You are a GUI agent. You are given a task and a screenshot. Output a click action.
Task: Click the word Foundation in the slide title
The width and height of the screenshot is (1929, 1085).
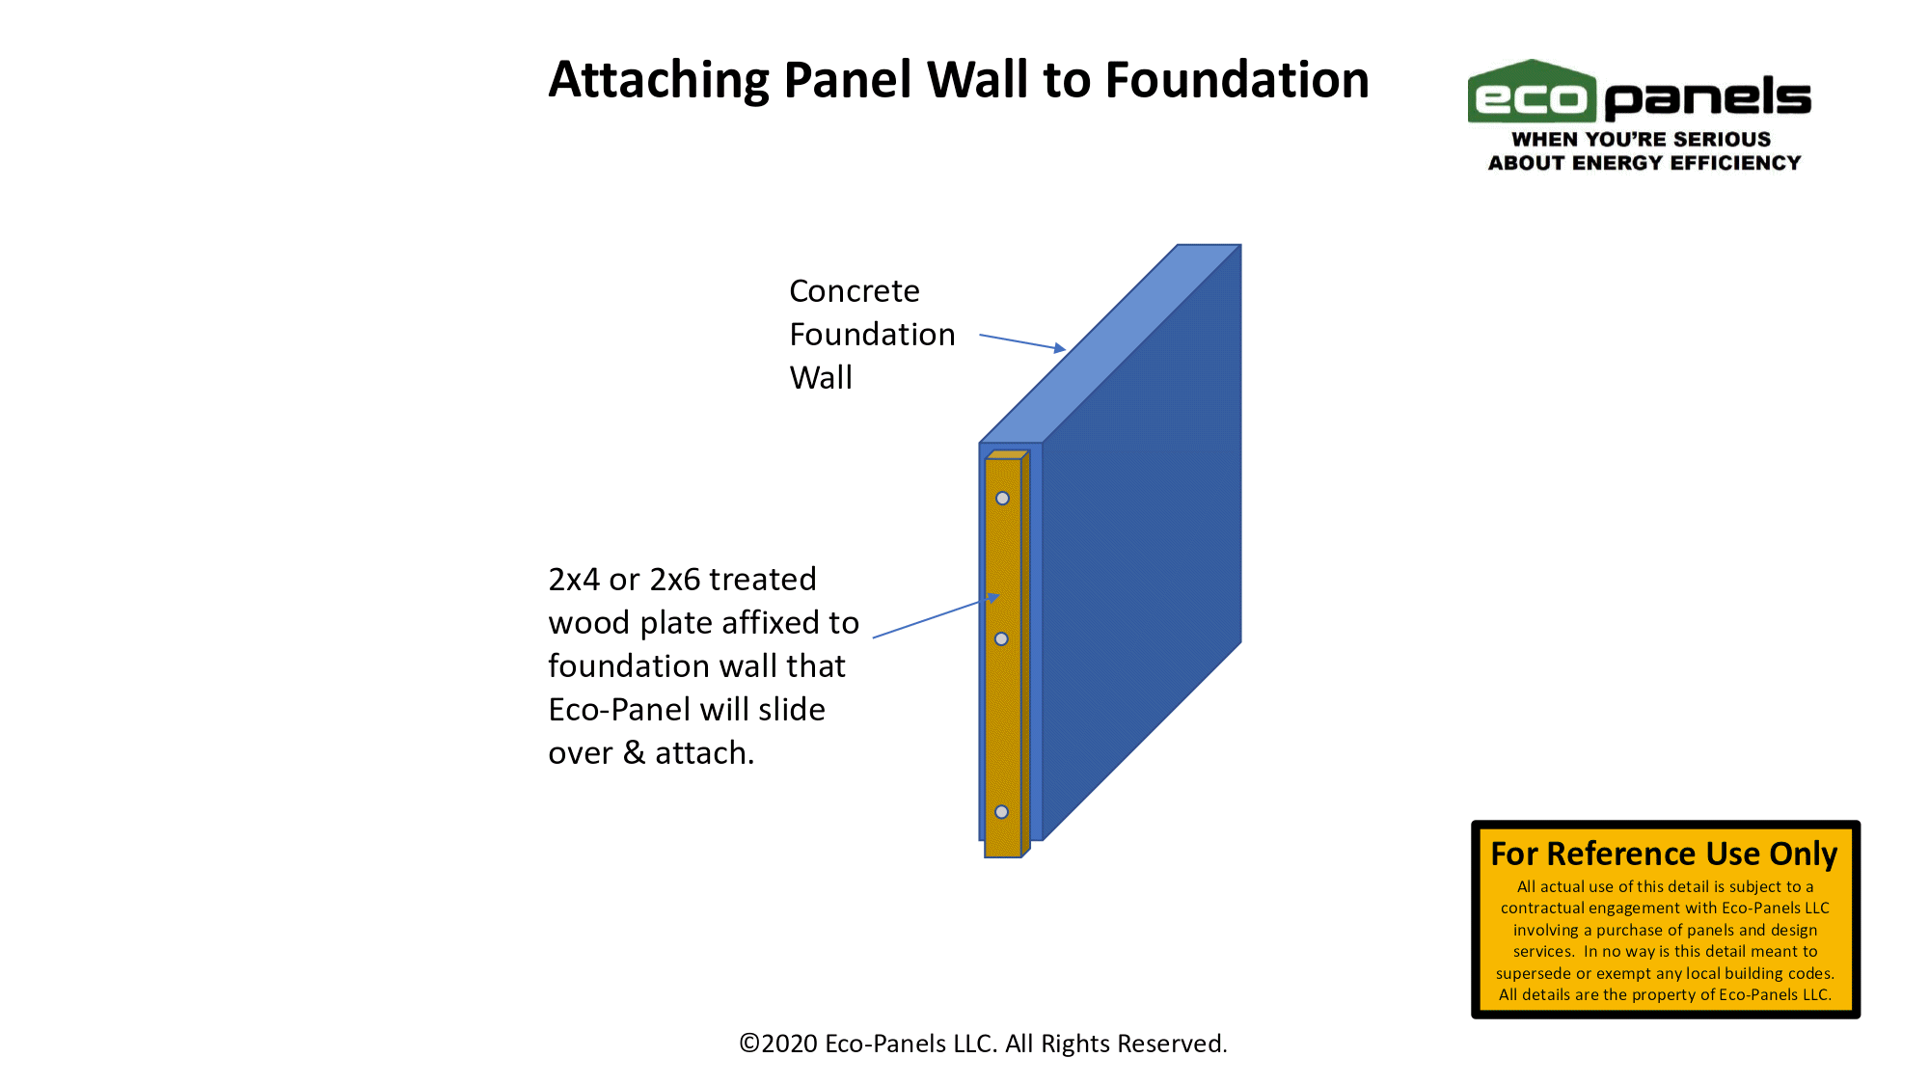pyautogui.click(x=1236, y=79)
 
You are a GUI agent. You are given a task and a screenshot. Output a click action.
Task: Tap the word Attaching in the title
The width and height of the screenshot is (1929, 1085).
pyautogui.click(x=659, y=81)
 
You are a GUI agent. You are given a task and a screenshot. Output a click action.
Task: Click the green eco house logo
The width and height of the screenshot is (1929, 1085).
pyautogui.click(x=1532, y=92)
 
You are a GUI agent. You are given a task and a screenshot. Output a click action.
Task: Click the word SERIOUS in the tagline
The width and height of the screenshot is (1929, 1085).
pyautogui.click(x=1724, y=139)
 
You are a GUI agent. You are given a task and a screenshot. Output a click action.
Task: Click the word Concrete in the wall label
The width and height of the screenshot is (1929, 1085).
pyautogui.click(x=855, y=290)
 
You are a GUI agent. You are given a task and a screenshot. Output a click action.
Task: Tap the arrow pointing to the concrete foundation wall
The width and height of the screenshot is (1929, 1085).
pyautogui.click(x=1022, y=342)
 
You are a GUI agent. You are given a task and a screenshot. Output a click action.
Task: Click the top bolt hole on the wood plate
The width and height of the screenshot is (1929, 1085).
pyautogui.click(x=1002, y=499)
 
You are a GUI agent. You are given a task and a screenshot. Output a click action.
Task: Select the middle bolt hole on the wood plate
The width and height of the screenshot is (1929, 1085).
pyautogui.click(x=1001, y=639)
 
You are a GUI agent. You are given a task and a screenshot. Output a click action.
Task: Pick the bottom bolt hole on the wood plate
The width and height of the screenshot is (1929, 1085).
pyautogui.click(x=1001, y=812)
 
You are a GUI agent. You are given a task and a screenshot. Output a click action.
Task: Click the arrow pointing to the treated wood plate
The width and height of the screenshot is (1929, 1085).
pyautogui.click(x=936, y=616)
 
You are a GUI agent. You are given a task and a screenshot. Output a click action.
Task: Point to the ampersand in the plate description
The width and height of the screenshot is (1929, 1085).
pyautogui.click(x=635, y=752)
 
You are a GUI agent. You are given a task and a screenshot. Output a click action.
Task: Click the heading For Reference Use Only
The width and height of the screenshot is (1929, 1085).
pyautogui.click(x=1665, y=854)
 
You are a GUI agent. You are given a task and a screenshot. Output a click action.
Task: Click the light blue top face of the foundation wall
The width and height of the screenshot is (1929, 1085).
pyautogui.click(x=1109, y=344)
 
